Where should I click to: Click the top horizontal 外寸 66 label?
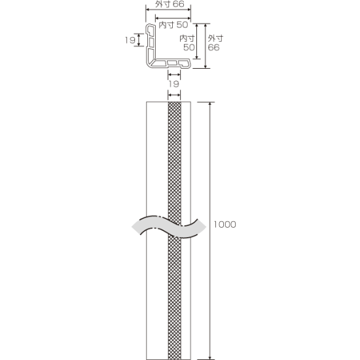point(170,4)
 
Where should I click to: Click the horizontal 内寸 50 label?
point(173,25)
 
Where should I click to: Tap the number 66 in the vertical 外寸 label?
point(213,47)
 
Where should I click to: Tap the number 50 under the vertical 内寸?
point(189,47)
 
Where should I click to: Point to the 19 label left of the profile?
point(130,40)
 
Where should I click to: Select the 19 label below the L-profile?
point(174,84)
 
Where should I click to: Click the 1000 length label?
point(225,225)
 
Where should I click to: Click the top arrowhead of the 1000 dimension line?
point(209,104)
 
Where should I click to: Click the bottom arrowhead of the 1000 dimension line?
point(209,358)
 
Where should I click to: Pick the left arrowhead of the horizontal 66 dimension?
point(148,9)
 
